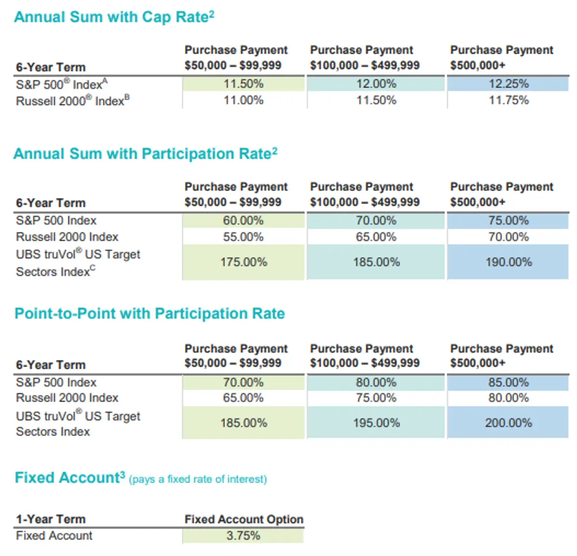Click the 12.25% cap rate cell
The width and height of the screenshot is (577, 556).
pyautogui.click(x=508, y=84)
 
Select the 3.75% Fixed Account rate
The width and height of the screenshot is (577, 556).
pyautogui.click(x=243, y=536)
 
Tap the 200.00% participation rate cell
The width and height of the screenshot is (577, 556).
pyautogui.click(x=508, y=423)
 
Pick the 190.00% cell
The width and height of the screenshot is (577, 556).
pyautogui.click(x=508, y=262)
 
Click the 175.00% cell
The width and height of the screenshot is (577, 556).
pyautogui.click(x=243, y=262)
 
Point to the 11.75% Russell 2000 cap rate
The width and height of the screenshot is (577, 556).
pyautogui.click(x=508, y=100)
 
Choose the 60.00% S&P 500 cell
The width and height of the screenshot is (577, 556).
pyautogui.click(x=243, y=221)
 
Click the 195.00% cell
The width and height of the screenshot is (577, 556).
pyautogui.click(x=376, y=423)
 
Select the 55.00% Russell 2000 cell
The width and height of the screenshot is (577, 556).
pyautogui.click(x=243, y=237)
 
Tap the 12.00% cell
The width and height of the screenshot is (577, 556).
pyautogui.click(x=376, y=84)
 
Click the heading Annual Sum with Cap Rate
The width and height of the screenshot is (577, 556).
pyautogui.click(x=114, y=17)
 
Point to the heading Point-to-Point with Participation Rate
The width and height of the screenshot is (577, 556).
pyautogui.click(x=150, y=314)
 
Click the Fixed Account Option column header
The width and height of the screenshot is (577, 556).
pyautogui.click(x=244, y=519)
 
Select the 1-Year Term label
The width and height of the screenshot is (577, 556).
pyautogui.click(x=50, y=519)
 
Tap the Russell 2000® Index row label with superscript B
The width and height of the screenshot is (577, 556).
pyautogui.click(x=73, y=101)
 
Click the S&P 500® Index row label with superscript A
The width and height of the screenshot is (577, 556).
pyautogui.click(x=62, y=85)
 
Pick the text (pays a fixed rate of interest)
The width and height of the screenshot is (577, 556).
pyautogui.click(x=198, y=479)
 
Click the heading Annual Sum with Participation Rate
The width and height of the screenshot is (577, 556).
pyautogui.click(x=145, y=154)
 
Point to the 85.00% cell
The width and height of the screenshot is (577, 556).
pyautogui.click(x=508, y=383)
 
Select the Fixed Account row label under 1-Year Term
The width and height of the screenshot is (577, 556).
pyautogui.click(x=54, y=536)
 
